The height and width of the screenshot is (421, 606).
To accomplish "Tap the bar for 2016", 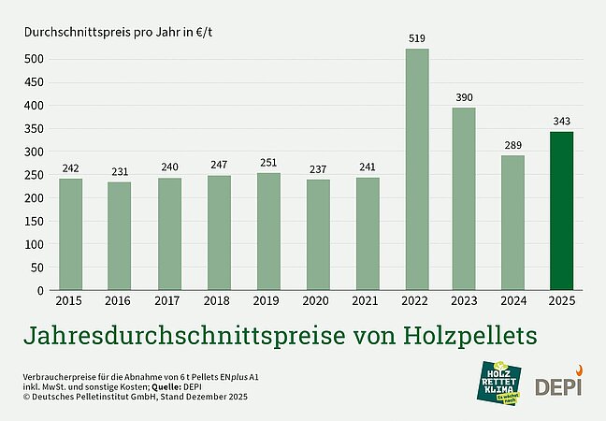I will click(120, 236).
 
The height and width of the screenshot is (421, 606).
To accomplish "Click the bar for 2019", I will click(268, 231).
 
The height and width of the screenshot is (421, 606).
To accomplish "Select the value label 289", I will click(512, 146).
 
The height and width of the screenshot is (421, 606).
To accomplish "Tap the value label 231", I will click(120, 172).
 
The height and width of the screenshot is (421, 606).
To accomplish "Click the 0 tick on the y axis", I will click(40, 290).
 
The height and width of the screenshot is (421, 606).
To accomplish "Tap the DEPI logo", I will click(558, 385).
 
